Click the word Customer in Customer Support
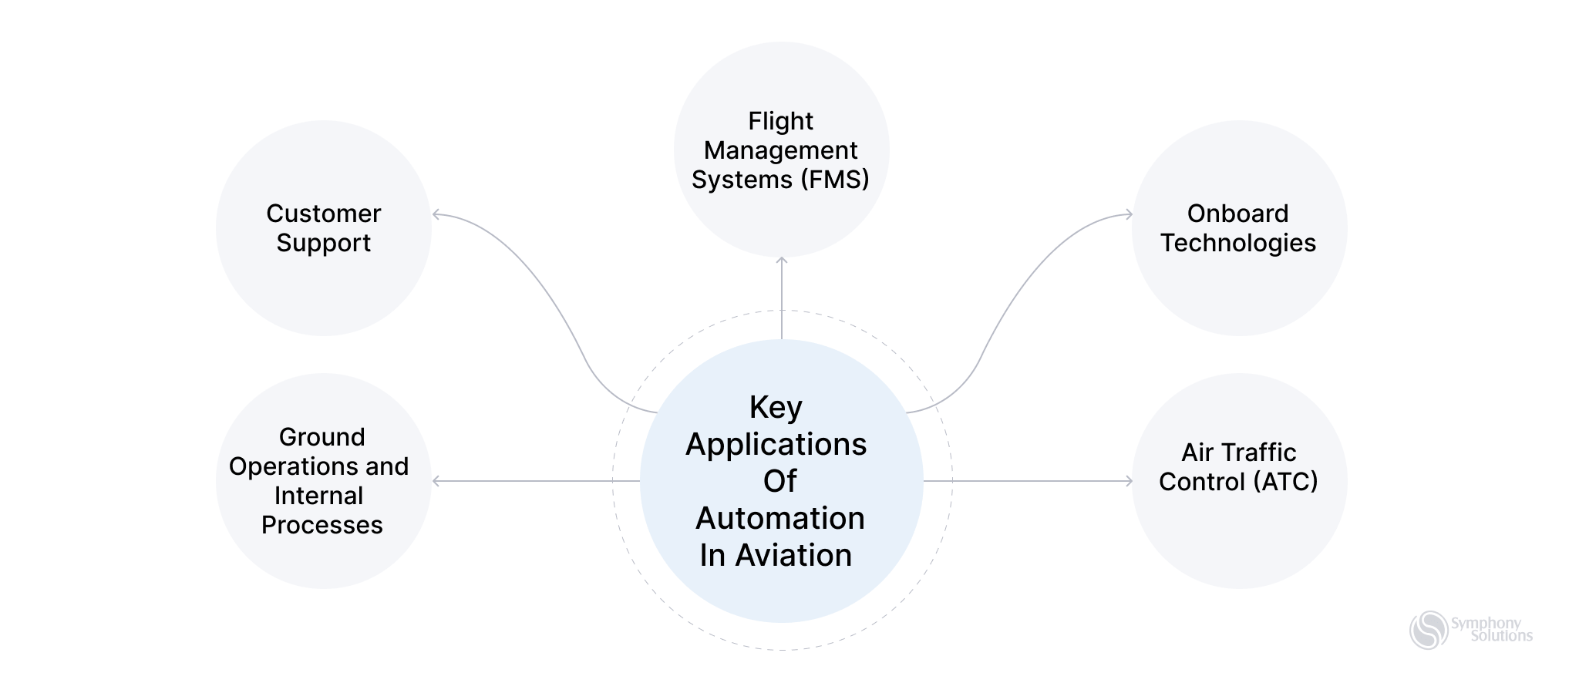[323, 214]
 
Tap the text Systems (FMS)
[780, 180]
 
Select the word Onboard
[1237, 214]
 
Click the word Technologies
[1237, 243]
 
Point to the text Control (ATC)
[1237, 482]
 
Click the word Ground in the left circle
[322, 437]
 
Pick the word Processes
[322, 525]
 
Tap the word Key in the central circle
[776, 408]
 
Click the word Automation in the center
[779, 518]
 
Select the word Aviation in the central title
[793, 555]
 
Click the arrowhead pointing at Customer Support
[436, 214]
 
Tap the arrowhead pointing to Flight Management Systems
[782, 261]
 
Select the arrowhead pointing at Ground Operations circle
[436, 481]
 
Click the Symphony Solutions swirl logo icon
[1429, 630]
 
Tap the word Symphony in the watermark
[1486, 623]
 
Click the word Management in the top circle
[780, 150]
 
